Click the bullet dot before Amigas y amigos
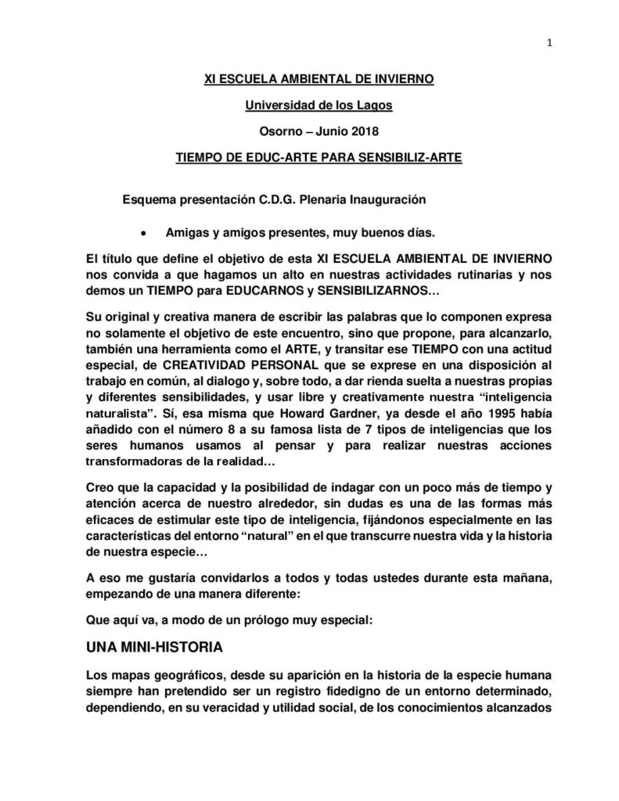click(x=143, y=233)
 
